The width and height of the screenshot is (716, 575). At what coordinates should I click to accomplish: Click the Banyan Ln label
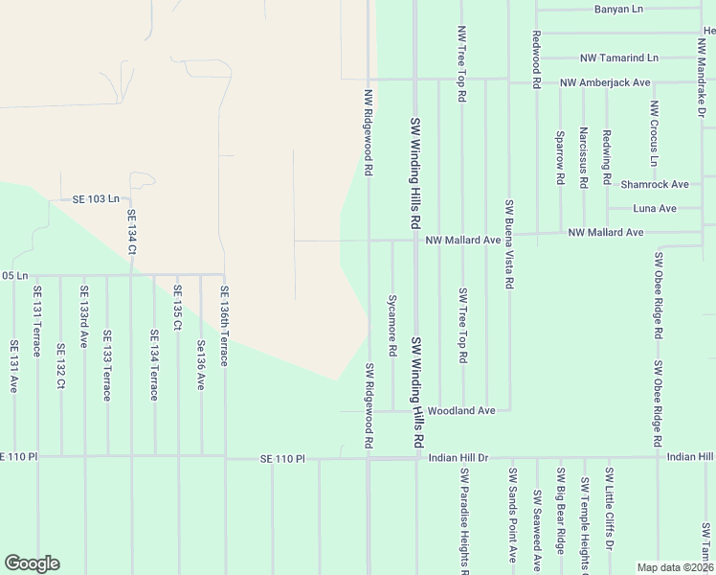(x=617, y=10)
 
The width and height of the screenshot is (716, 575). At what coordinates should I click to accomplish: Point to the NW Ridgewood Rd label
(x=368, y=132)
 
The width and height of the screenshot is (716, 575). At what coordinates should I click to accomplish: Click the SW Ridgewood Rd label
(x=368, y=405)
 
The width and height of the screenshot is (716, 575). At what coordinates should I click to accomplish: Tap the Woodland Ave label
(x=460, y=410)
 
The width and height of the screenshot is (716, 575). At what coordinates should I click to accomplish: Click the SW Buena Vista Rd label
(x=509, y=244)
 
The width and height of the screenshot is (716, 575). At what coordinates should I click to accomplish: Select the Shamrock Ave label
(x=655, y=184)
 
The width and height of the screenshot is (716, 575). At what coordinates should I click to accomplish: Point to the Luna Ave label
(x=655, y=208)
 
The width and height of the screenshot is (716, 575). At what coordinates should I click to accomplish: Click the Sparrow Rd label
(x=560, y=157)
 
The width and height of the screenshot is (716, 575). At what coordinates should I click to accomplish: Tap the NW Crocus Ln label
(x=654, y=129)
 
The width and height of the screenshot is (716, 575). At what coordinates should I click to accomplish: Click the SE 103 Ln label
(x=96, y=199)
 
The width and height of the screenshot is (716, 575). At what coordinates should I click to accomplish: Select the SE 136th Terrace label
(x=224, y=325)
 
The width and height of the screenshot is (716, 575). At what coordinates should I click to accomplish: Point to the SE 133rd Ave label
(x=84, y=317)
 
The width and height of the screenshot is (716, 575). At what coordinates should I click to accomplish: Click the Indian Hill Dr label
(x=459, y=458)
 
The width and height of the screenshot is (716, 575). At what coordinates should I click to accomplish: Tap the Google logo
(x=32, y=563)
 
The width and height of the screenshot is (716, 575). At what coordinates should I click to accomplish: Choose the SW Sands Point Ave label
(x=512, y=515)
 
